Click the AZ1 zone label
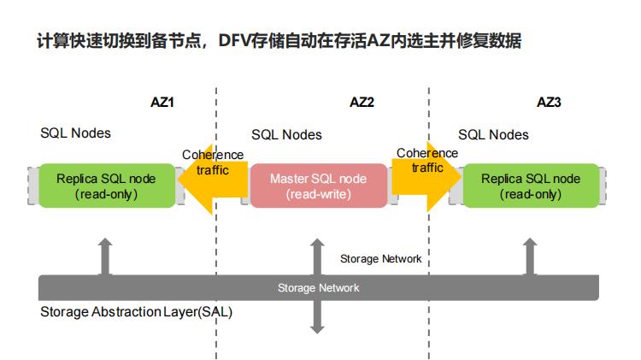coord(162,102)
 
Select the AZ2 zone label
coord(362,102)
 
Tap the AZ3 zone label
coord(549,102)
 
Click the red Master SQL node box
coord(318,186)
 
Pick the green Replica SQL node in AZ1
coord(106,186)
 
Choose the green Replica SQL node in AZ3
coord(530,186)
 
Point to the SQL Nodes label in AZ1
coord(75,133)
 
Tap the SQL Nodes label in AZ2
coord(286,135)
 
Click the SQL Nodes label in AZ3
coord(493,135)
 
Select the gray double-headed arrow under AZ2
coord(318,286)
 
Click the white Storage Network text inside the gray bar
coord(318,288)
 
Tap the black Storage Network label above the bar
coord(380,258)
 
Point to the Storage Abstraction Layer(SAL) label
coord(136,312)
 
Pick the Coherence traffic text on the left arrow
coord(213,162)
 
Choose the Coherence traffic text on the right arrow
coord(426,160)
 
